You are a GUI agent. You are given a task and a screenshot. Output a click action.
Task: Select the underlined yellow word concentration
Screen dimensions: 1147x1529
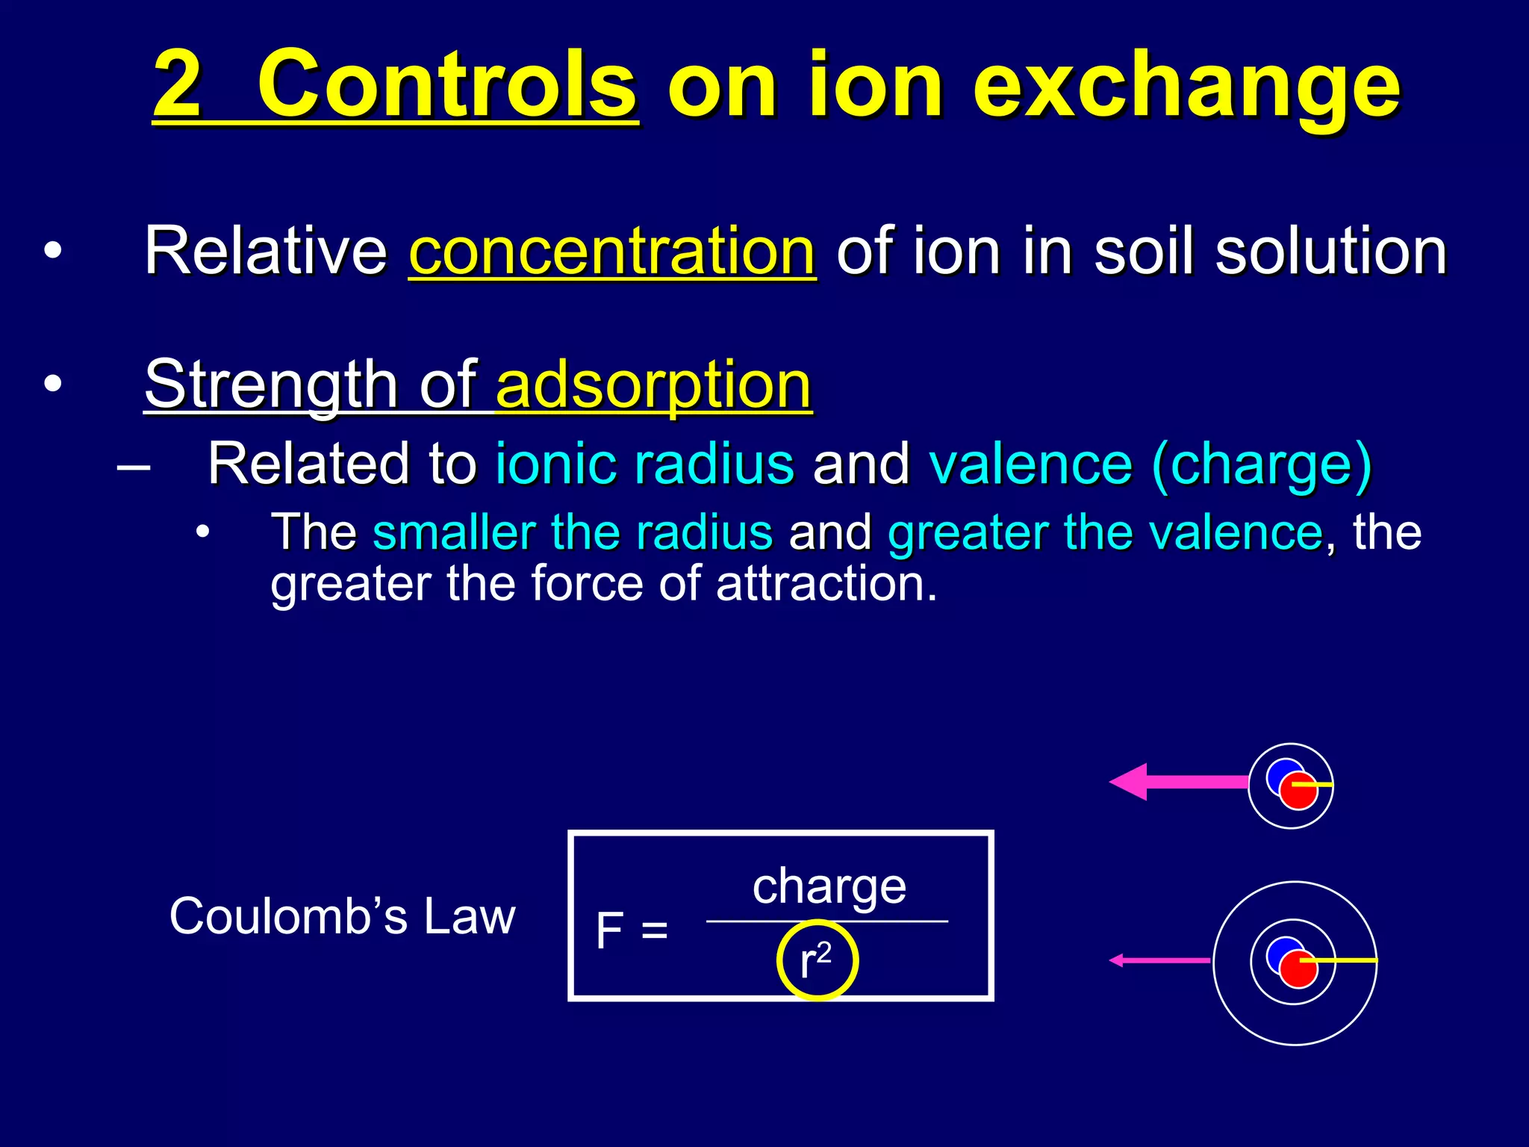click(612, 251)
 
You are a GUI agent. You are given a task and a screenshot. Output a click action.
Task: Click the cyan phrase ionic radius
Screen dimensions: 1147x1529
click(645, 464)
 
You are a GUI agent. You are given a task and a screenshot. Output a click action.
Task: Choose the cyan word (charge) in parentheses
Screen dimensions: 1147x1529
click(1262, 464)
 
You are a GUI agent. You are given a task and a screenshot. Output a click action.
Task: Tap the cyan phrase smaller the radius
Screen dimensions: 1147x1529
click(573, 532)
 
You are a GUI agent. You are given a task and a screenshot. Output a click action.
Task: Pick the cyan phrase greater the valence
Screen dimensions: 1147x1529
click(1106, 532)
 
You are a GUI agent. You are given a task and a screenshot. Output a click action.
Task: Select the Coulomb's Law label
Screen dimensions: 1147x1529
click(342, 916)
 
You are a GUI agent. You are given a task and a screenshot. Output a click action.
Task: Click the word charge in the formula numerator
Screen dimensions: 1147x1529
click(829, 886)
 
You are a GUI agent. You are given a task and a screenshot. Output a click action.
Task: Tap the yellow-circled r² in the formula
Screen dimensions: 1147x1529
click(816, 960)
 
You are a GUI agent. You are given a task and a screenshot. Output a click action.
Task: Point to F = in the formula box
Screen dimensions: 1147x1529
click(632, 930)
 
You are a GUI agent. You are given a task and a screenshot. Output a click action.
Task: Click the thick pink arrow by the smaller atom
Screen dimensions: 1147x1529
click(1180, 782)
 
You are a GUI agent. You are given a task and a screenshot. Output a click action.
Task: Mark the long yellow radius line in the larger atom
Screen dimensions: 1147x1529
click(1344, 960)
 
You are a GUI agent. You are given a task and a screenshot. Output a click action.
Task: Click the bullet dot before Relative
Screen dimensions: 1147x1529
click(52, 252)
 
